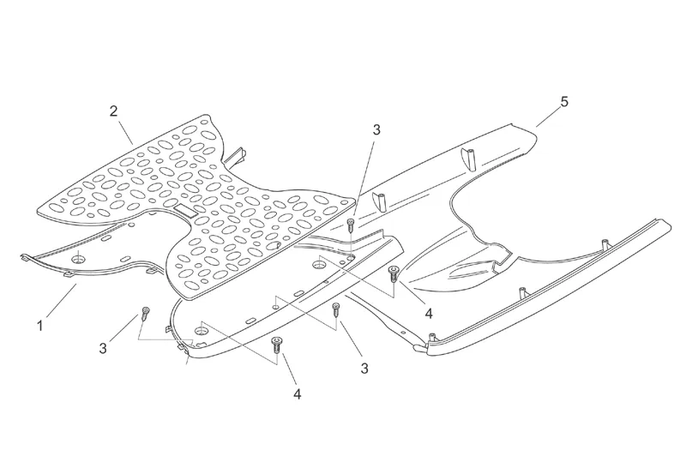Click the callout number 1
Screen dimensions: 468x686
pos(39,326)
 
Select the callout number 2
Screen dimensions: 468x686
pos(113,111)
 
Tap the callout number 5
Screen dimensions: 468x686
pos(563,102)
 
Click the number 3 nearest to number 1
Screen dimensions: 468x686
pos(103,348)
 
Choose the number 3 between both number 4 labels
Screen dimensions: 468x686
pos(364,369)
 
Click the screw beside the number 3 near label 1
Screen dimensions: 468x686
pos(146,312)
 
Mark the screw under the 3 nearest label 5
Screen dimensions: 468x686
pos(351,225)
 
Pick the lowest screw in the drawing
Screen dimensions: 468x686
pos(276,345)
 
